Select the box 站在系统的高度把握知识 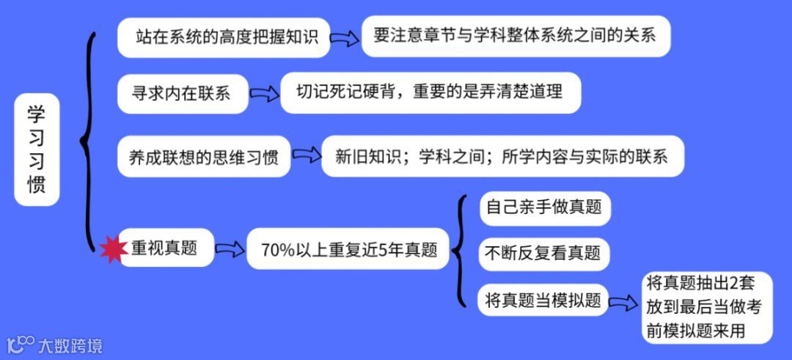coord(224,37)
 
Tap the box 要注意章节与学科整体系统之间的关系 coord(516,36)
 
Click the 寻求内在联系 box coord(183,93)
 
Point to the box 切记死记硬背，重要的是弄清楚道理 coord(430,92)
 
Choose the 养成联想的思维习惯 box coord(204,156)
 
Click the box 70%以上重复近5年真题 coord(348,249)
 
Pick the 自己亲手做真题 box coord(544,207)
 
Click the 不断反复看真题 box coord(543,253)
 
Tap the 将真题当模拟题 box coord(543,299)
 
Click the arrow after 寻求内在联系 coord(264,93)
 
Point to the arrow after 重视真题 coord(230,249)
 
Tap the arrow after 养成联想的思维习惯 coord(307,155)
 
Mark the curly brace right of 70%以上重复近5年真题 coord(459,251)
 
